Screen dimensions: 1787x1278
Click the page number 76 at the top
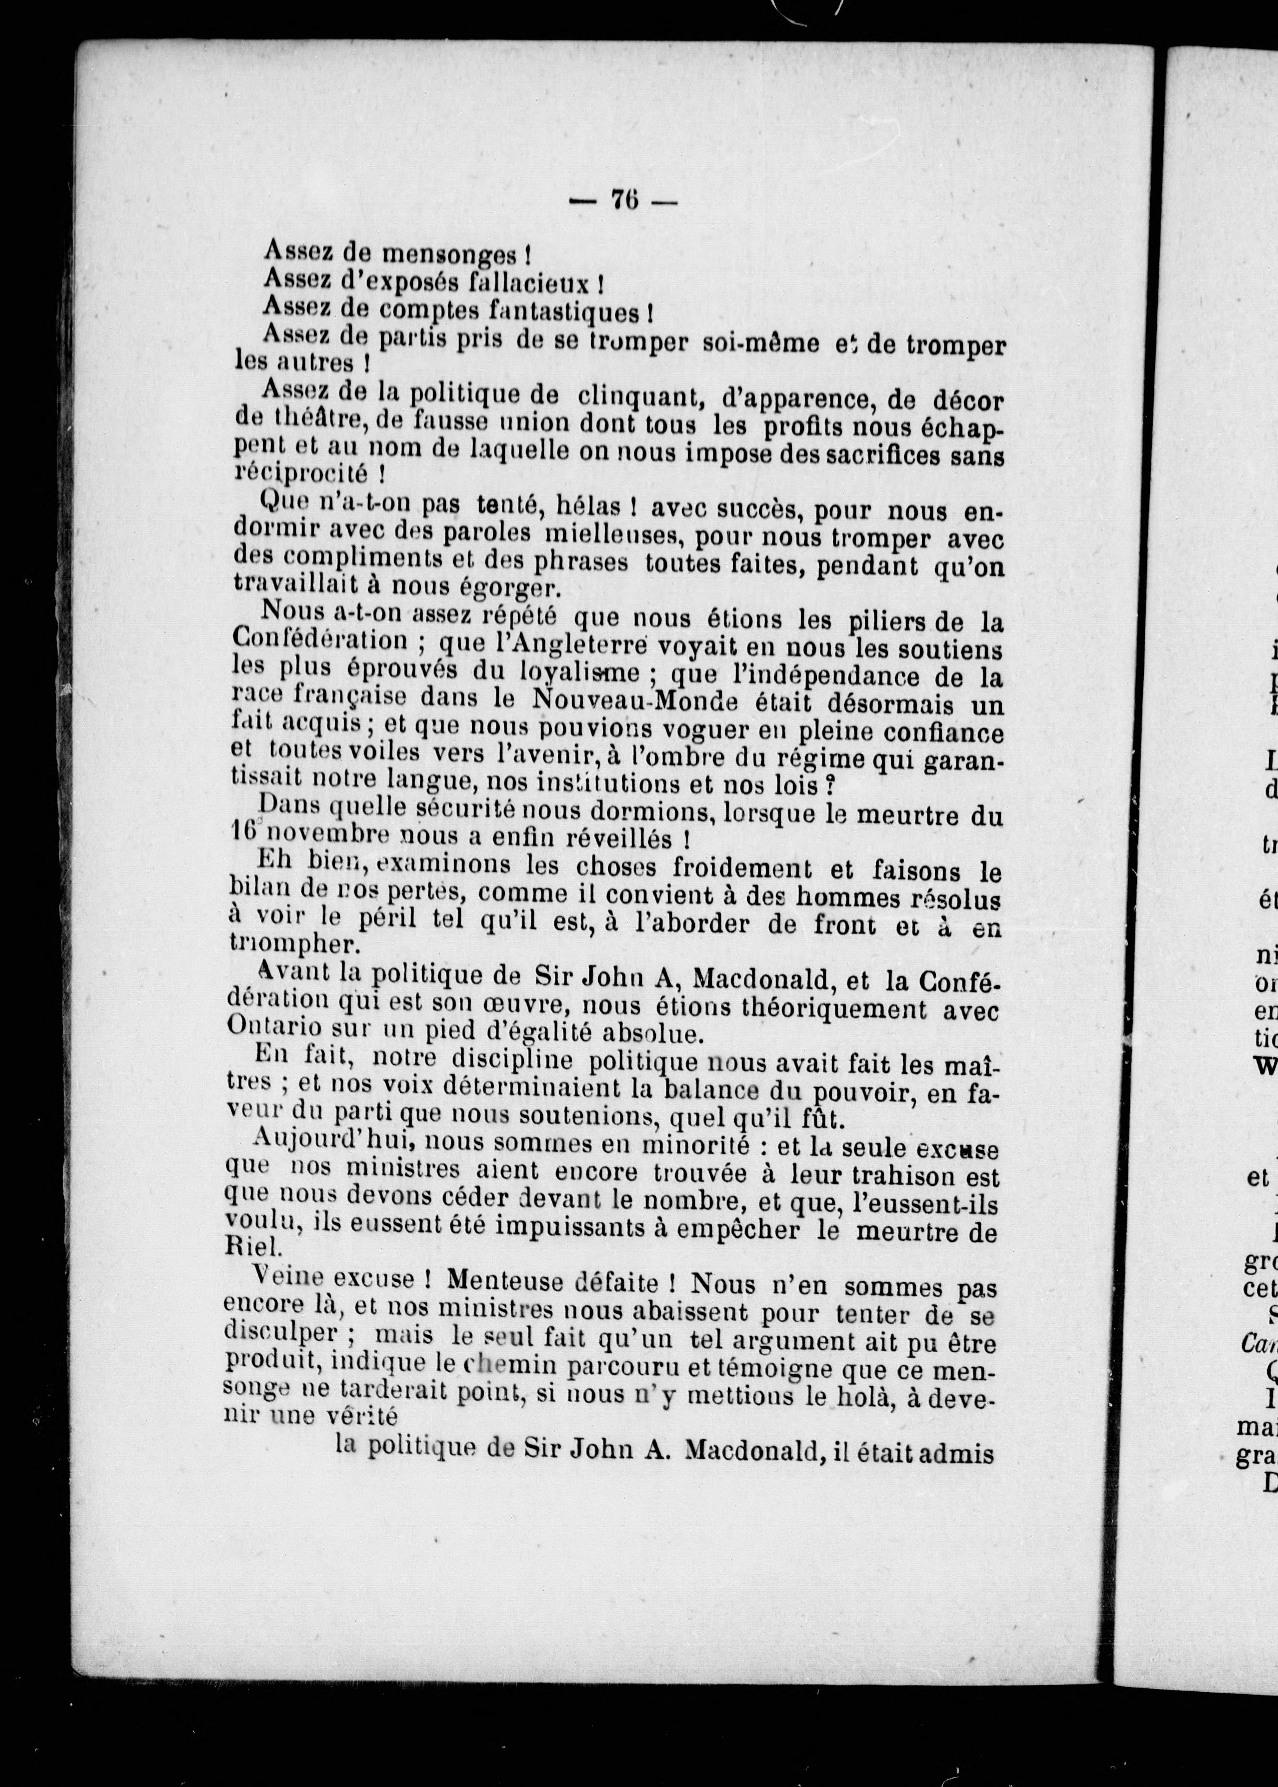coord(624,202)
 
